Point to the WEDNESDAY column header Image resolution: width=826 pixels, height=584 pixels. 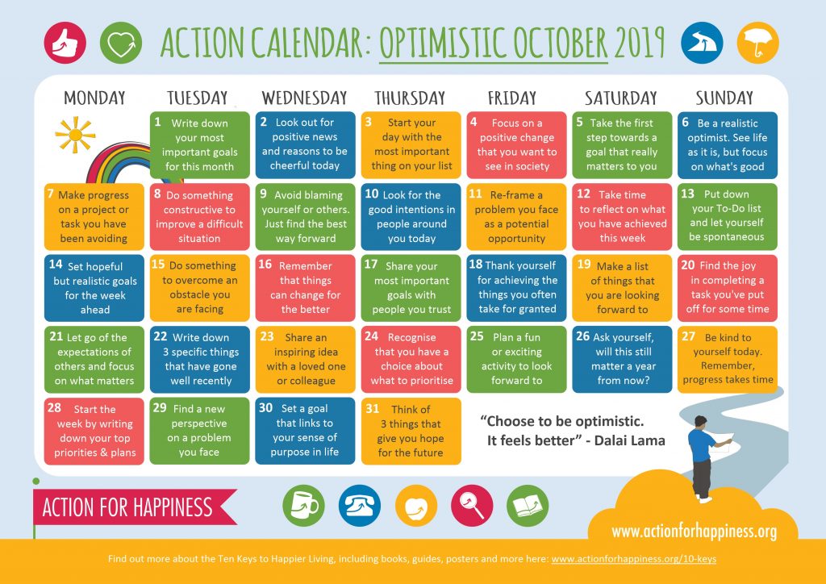pyautogui.click(x=304, y=98)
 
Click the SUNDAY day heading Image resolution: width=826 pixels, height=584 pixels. pyautogui.click(x=724, y=98)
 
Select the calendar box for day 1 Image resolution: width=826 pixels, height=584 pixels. pyautogui.click(x=200, y=144)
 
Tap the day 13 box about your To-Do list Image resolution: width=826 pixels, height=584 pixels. pyautogui.click(x=727, y=215)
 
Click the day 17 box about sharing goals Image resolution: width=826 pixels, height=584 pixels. pyautogui.click(x=411, y=286)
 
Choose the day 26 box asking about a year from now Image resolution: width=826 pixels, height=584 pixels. pyautogui.click(x=622, y=358)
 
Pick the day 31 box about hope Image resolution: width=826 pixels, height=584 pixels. pyautogui.click(x=411, y=431)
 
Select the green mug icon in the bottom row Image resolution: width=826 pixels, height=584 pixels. pyautogui.click(x=304, y=506)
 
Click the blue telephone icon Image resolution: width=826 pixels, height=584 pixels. pyautogui.click(x=360, y=506)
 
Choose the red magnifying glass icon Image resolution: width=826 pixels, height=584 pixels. pyautogui.click(x=472, y=506)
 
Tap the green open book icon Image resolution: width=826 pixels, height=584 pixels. pyautogui.click(x=528, y=506)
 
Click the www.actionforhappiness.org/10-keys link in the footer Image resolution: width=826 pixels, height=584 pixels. pyautogui.click(x=633, y=558)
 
